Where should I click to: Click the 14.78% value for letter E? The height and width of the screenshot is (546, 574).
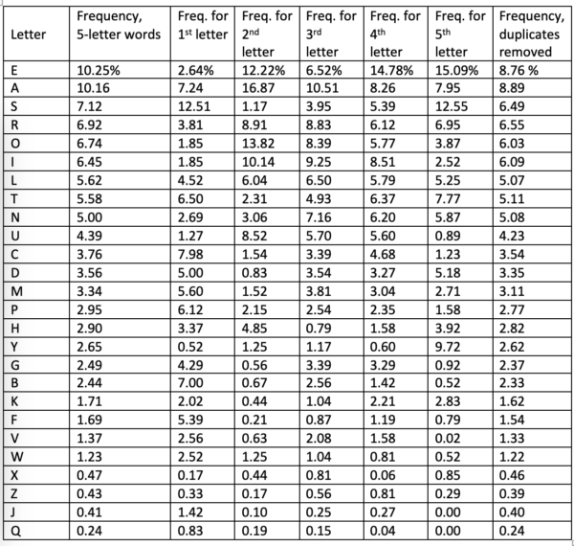(x=391, y=69)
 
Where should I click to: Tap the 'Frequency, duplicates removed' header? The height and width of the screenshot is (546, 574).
(x=532, y=34)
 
